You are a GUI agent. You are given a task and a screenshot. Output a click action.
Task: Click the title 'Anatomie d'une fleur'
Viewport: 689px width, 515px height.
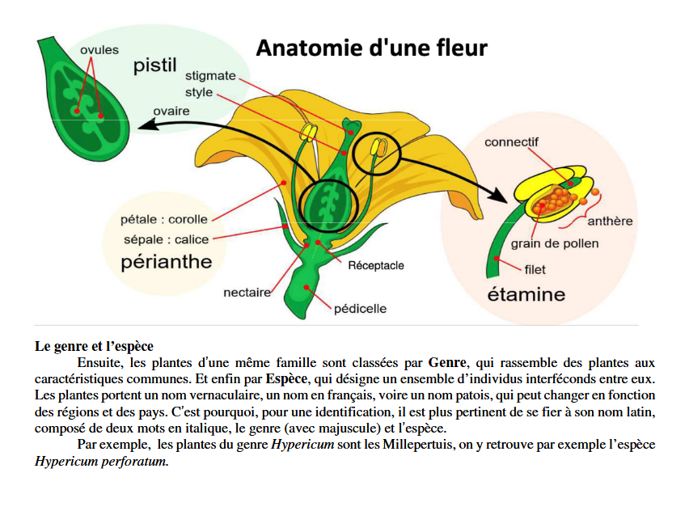tap(371, 49)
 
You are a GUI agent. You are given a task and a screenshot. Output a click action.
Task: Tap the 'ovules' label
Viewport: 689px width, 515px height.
tap(99, 50)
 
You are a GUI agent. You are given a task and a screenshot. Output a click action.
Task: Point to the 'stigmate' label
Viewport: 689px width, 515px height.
tap(210, 76)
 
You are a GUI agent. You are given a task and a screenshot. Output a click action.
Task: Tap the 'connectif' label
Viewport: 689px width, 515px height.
tap(511, 142)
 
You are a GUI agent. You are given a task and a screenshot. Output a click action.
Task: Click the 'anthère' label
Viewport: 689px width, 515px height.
tap(610, 221)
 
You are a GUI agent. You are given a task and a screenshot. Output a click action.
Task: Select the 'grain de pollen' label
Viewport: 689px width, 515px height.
tap(554, 243)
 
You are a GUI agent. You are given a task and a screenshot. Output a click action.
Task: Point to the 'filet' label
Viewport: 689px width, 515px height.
tap(535, 270)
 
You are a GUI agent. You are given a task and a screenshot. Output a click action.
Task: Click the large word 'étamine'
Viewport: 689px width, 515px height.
tap(526, 293)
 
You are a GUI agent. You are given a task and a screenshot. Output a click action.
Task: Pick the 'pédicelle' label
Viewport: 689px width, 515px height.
tap(360, 308)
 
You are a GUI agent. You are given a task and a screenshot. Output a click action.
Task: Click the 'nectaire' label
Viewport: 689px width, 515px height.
tap(247, 293)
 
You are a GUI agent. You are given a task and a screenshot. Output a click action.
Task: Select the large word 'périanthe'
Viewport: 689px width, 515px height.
tap(167, 262)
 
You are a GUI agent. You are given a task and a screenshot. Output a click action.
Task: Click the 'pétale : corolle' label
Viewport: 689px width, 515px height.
tap(163, 219)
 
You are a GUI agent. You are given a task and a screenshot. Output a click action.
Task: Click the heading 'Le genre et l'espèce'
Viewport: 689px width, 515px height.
tap(94, 346)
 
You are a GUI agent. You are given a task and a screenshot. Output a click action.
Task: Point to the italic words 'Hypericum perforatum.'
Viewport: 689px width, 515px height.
tap(102, 462)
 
